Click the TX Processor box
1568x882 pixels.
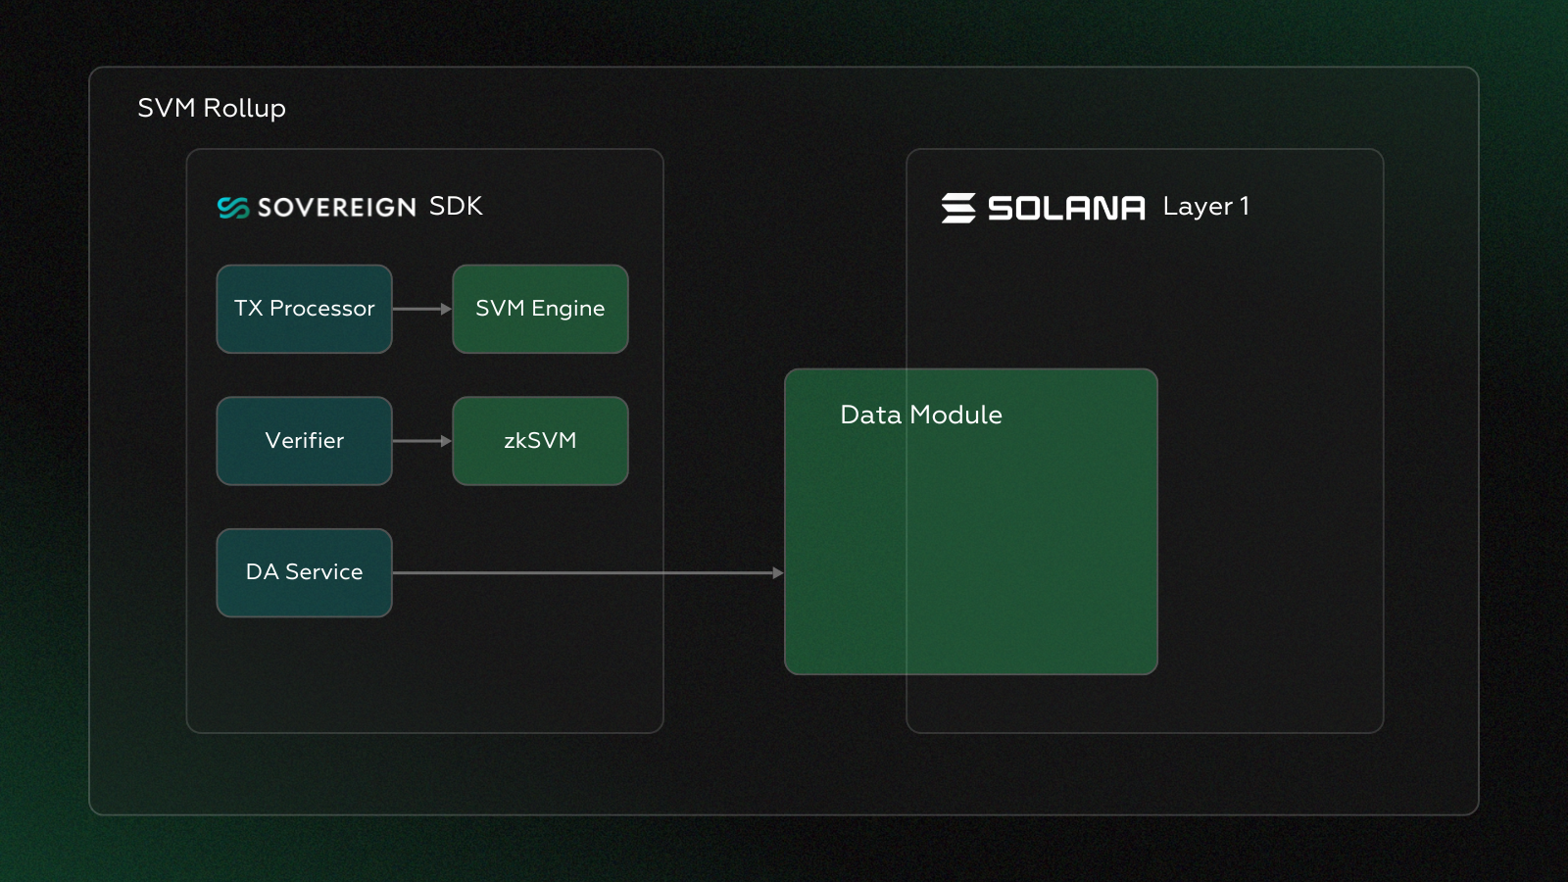click(304, 309)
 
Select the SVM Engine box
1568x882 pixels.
click(540, 309)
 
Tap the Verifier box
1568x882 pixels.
click(304, 441)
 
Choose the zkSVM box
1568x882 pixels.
click(540, 441)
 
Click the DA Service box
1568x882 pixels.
click(304, 572)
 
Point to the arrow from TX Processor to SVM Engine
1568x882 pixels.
click(421, 309)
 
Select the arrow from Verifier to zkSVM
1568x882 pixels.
click(421, 441)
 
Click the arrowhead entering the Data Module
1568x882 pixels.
click(778, 572)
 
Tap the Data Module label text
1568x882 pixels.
click(920, 415)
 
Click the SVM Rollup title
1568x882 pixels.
click(212, 108)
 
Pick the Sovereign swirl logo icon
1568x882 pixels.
click(233, 208)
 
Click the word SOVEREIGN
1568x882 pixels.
click(336, 208)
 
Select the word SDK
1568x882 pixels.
click(456, 207)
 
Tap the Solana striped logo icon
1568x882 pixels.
click(958, 208)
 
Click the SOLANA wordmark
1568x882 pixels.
click(1066, 208)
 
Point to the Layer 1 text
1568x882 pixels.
click(1205, 207)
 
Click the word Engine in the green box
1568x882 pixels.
click(567, 310)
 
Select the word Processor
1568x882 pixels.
click(321, 309)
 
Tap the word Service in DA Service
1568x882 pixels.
click(323, 572)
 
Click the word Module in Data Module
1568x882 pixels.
click(955, 415)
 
